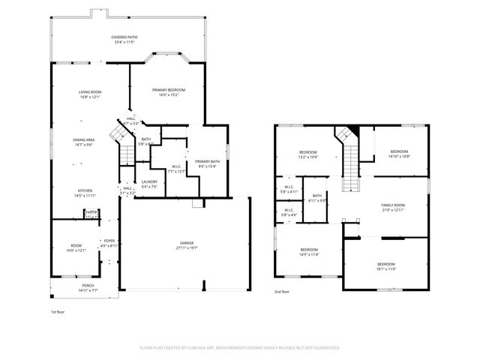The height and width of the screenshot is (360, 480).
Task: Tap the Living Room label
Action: [90, 92]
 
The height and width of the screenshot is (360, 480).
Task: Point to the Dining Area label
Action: [83, 140]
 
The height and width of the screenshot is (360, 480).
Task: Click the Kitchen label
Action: [85, 190]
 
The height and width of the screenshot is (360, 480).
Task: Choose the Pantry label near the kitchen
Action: [91, 213]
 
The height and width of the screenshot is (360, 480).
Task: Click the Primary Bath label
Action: [207, 162]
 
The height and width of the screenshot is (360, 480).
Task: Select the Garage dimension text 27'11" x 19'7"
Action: [186, 248]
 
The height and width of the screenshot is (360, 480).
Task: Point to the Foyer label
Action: [109, 241]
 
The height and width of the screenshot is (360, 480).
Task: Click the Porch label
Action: [88, 286]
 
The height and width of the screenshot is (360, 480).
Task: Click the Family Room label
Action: [394, 205]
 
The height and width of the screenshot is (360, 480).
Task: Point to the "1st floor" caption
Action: [58, 311]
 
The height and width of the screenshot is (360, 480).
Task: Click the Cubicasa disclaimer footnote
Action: [239, 348]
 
